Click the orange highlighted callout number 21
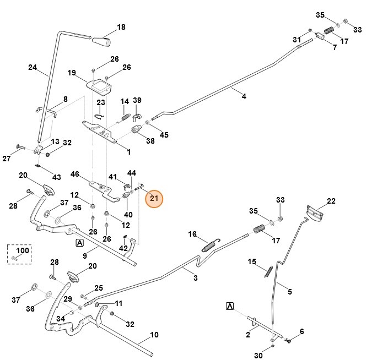pos(154,198)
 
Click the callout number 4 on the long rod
pos(244,96)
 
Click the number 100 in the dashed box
pos(22,250)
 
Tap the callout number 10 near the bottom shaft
pos(154,335)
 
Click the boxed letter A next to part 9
pos(80,242)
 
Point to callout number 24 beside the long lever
pos(33,68)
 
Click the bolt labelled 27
pos(20,147)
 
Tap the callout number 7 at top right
pos(334,48)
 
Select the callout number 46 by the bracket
pos(75,174)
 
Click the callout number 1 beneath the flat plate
pos(128,152)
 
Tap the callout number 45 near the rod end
pos(164,135)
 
